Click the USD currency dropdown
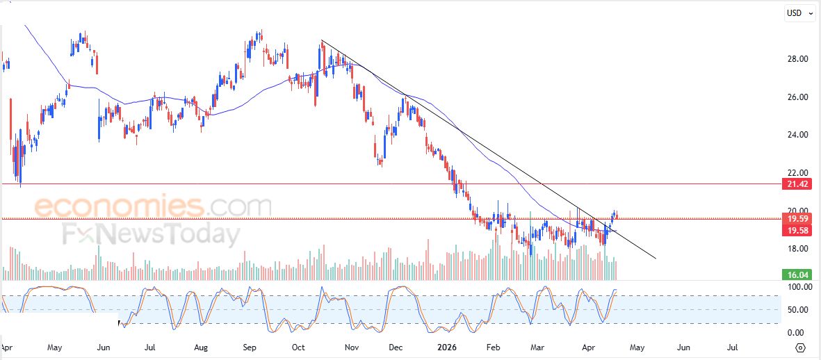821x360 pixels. (799, 13)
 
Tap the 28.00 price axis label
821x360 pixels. (797, 59)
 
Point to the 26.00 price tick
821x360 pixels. (797, 97)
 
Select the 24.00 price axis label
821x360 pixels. (797, 135)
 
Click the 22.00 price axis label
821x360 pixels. (797, 173)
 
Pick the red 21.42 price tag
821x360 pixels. (797, 184)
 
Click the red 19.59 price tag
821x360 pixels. (797, 218)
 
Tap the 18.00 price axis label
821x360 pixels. (797, 249)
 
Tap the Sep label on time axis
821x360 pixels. (250, 345)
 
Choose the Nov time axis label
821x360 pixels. (352, 345)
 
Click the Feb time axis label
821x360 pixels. (493, 345)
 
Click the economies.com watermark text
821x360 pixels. (153, 206)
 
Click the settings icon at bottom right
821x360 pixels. (800, 347)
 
